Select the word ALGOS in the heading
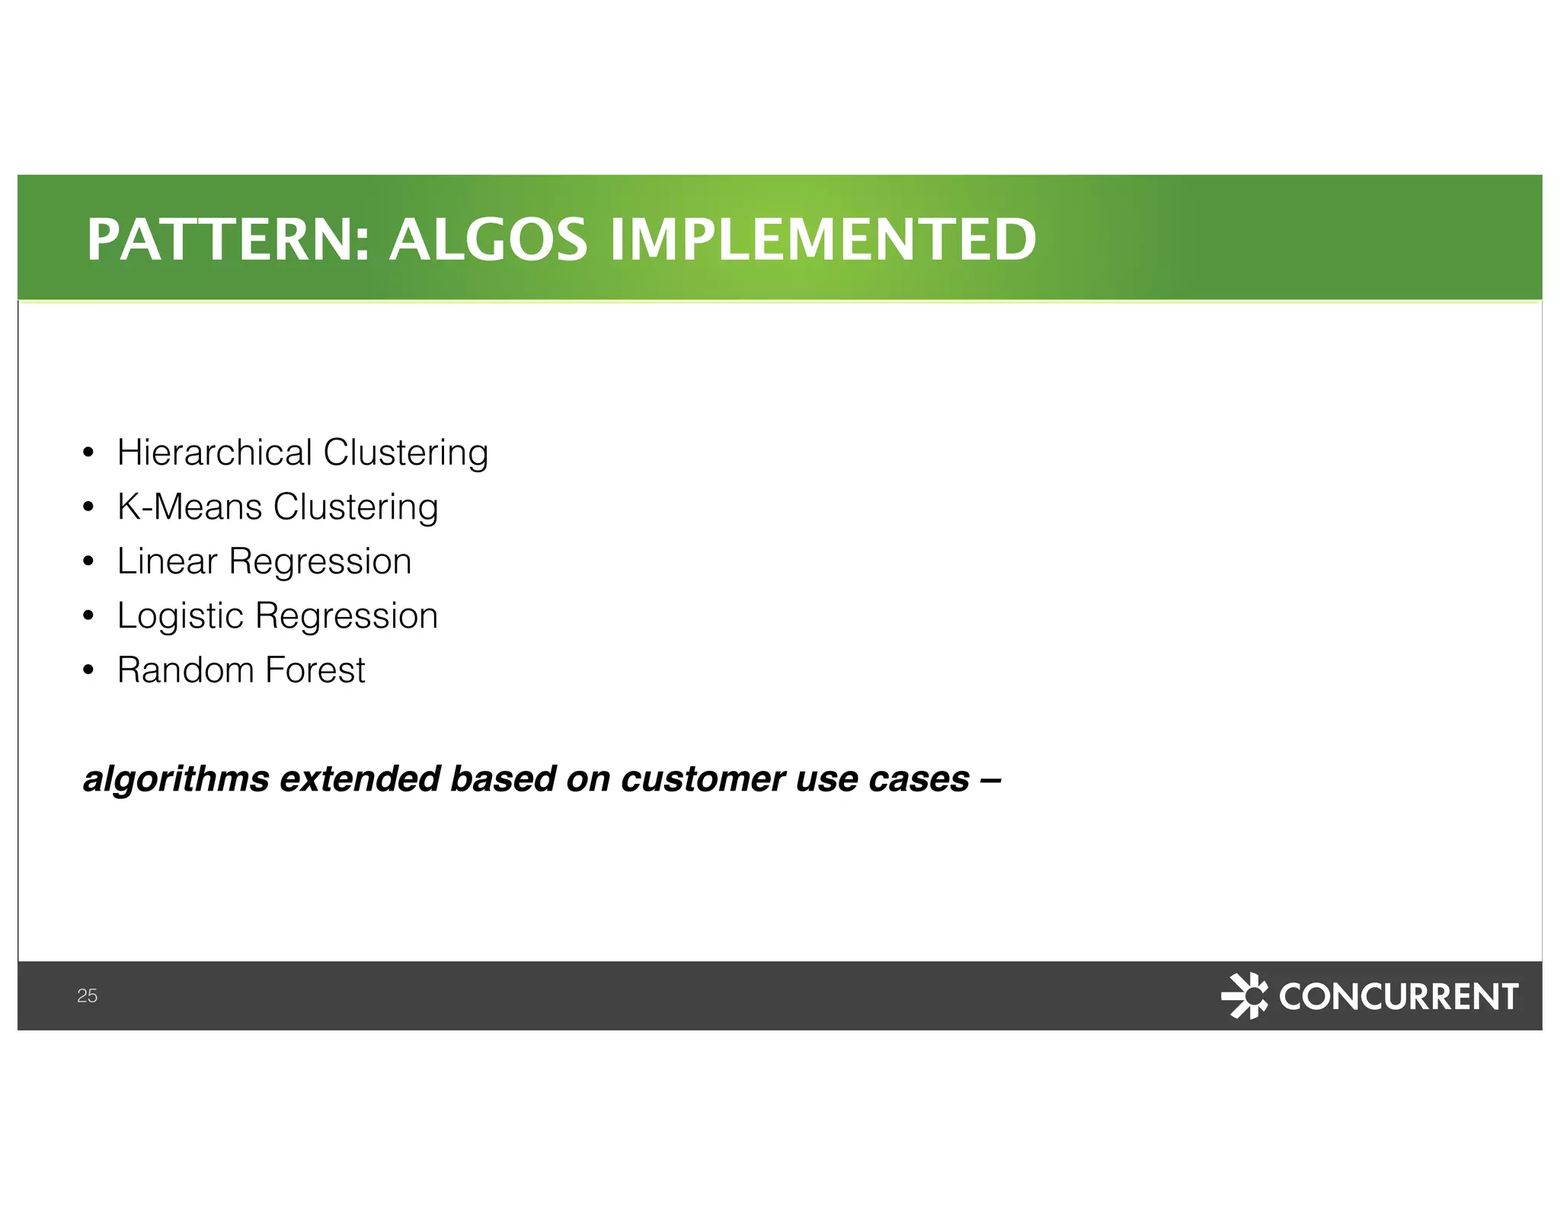[x=488, y=239]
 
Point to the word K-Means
[x=190, y=507]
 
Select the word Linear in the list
[x=167, y=561]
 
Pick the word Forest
[x=315, y=670]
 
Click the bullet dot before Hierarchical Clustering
[x=88, y=453]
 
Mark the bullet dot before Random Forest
[x=88, y=671]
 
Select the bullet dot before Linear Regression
[x=88, y=562]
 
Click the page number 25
[x=87, y=996]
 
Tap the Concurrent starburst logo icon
[x=1244, y=995]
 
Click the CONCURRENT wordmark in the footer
[x=1398, y=996]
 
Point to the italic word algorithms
[x=176, y=779]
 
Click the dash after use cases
[x=990, y=779]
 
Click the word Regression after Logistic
[x=347, y=616]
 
